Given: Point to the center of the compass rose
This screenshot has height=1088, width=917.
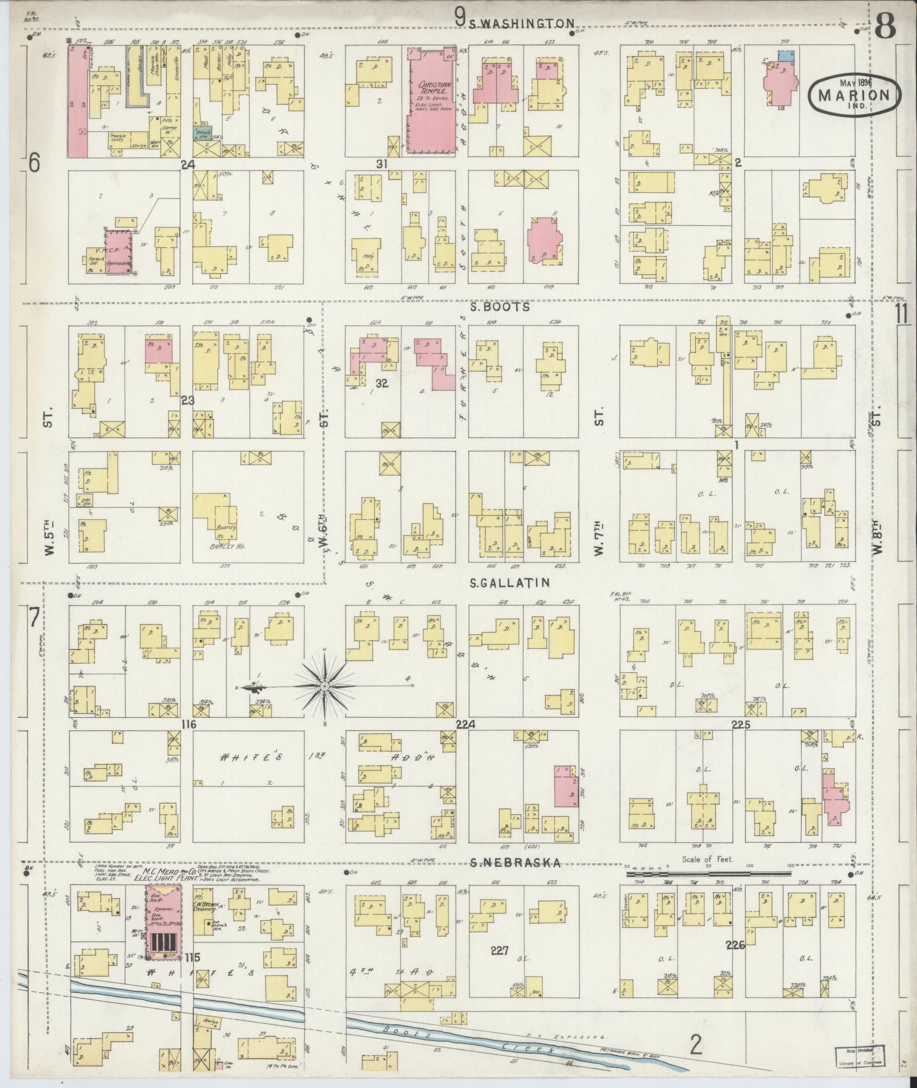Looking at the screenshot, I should (x=324, y=687).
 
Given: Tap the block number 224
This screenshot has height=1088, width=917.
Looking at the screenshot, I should (x=467, y=725).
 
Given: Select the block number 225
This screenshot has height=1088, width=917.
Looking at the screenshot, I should (x=741, y=725).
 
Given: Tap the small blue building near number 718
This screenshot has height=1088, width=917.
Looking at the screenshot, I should (x=786, y=56).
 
